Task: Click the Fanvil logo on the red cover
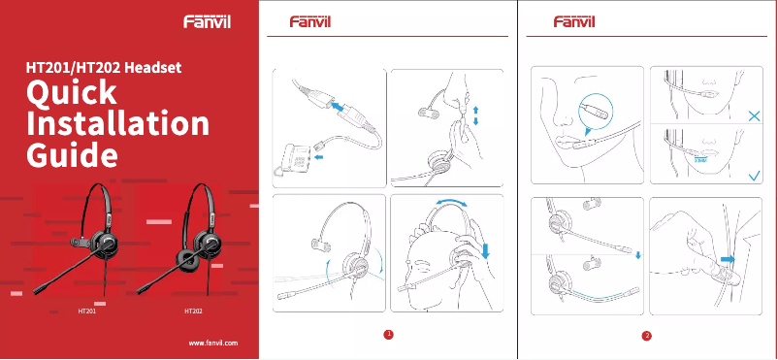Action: [209, 21]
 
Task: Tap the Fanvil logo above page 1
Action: [311, 21]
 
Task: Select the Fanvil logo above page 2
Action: [574, 21]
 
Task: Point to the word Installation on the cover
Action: [117, 124]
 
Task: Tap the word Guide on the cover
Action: [74, 155]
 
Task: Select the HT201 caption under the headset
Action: [86, 313]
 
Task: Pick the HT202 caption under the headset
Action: [194, 313]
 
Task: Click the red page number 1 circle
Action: [388, 335]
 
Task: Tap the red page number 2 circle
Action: [647, 336]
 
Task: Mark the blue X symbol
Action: [754, 115]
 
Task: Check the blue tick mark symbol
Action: [753, 176]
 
